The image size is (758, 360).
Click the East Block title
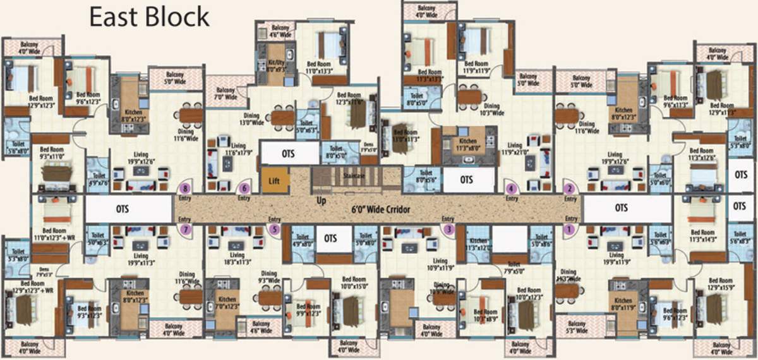pyautogui.click(x=149, y=16)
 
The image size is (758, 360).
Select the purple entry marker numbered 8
pyautogui.click(x=186, y=188)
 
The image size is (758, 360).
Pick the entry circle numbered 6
pyautogui.click(x=244, y=188)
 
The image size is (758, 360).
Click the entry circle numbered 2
pyautogui.click(x=570, y=188)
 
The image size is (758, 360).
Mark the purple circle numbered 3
pyautogui.click(x=449, y=229)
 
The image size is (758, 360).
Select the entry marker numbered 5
pyautogui.click(x=275, y=229)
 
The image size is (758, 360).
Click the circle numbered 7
pyautogui.click(x=186, y=229)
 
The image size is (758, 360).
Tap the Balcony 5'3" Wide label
pyautogui.click(x=577, y=327)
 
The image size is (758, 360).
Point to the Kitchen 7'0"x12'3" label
pyautogui.click(x=227, y=303)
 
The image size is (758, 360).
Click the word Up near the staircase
pyautogui.click(x=321, y=200)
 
